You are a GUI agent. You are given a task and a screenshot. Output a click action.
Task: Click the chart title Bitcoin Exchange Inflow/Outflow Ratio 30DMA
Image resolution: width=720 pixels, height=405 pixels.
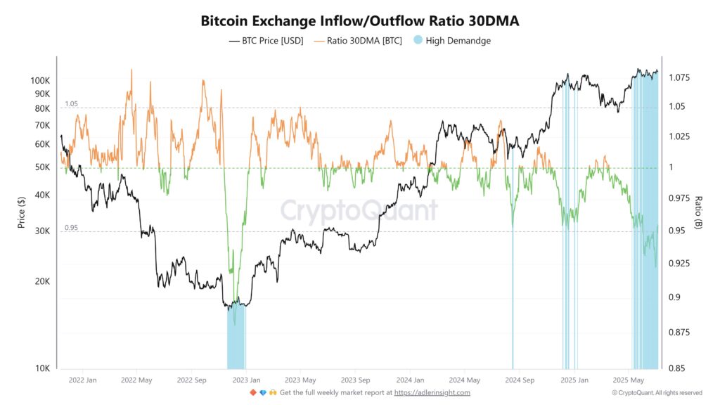click(359, 21)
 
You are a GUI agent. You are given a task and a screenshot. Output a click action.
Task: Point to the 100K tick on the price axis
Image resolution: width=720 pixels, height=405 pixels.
click(39, 81)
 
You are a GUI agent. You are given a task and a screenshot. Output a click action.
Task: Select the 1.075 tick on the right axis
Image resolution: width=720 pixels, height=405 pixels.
click(681, 77)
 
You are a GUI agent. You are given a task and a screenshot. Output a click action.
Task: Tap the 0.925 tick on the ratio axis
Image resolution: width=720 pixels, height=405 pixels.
click(681, 264)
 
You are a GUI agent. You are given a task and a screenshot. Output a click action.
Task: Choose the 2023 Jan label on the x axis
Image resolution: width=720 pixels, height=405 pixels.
click(243, 380)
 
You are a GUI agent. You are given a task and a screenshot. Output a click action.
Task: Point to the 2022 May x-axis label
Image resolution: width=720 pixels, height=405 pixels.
click(136, 380)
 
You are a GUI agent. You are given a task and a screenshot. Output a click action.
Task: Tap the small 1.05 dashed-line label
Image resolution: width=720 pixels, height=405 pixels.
click(71, 104)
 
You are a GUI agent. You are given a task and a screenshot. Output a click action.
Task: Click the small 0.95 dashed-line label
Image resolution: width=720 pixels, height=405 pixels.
click(71, 228)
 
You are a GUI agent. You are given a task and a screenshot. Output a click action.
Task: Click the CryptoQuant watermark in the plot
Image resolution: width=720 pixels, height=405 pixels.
click(359, 210)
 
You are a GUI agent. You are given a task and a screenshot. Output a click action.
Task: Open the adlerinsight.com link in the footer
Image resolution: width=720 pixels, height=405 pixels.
click(432, 392)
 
